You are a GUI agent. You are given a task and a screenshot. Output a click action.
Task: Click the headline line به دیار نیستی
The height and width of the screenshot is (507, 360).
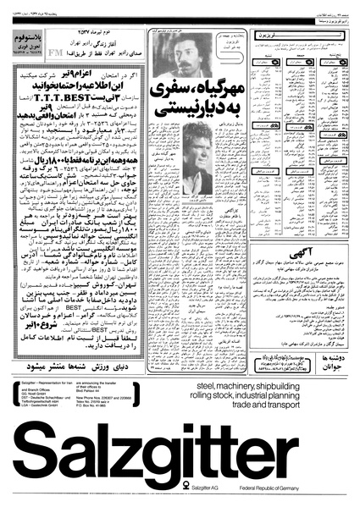coord(182,111)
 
